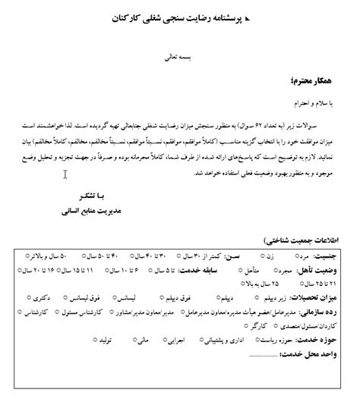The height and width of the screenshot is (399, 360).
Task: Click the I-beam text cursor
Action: (x=65, y=174)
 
